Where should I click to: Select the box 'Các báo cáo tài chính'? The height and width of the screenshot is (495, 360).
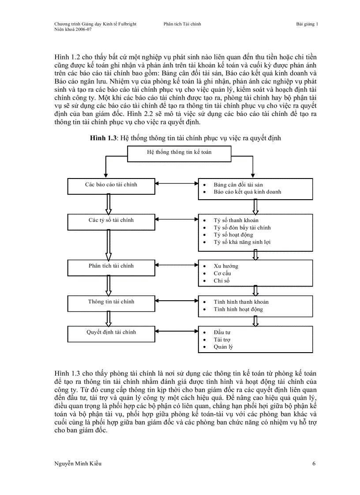(111, 186)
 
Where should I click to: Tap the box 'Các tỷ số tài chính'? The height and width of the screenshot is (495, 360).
(111, 221)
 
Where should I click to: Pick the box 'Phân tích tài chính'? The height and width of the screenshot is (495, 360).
(111, 267)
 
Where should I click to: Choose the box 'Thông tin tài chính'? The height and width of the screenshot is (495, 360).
(111, 302)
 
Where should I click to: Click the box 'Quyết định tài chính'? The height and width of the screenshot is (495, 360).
(111, 333)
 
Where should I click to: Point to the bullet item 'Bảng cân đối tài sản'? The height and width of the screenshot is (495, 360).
(238, 185)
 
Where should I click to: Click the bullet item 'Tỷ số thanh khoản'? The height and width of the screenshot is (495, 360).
(236, 220)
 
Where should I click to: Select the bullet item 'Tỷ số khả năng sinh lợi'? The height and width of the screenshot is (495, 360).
(242, 242)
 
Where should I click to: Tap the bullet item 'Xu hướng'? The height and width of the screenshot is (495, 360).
(226, 266)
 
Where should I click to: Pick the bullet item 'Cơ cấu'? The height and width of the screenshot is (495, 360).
(222, 273)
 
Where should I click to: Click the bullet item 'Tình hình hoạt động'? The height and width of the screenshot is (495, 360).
(238, 309)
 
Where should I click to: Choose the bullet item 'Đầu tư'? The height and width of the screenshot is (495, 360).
(222, 332)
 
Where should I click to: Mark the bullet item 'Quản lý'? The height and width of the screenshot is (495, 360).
(223, 346)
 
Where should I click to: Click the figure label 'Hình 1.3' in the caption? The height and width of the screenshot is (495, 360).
(103, 138)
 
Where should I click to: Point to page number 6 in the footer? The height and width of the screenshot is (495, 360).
(314, 463)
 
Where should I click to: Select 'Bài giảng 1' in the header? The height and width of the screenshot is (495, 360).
(307, 24)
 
